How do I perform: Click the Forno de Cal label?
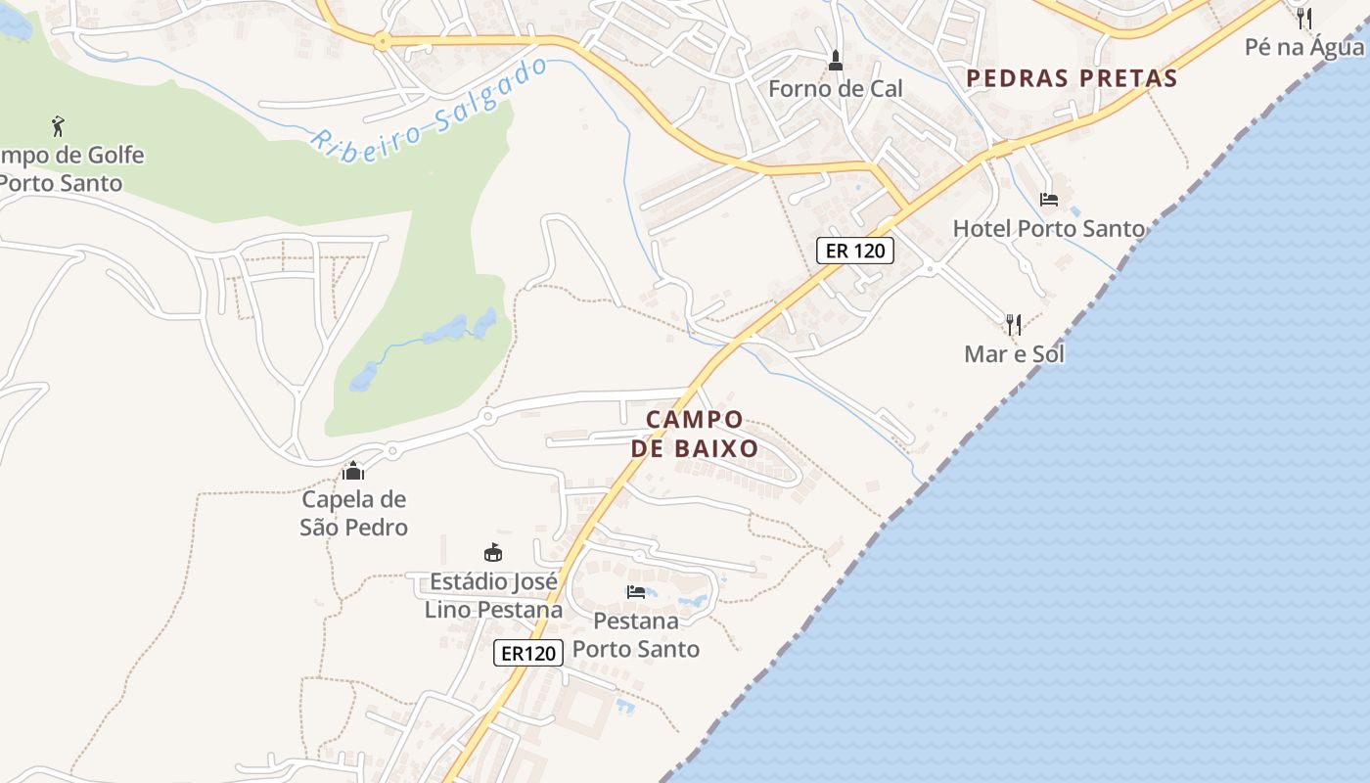(x=835, y=89)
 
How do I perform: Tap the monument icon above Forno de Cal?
(x=835, y=61)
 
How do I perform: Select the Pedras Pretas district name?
(x=1072, y=78)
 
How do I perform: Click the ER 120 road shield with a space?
(x=855, y=251)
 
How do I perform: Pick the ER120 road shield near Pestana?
(x=529, y=653)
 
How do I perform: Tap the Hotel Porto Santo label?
(x=1049, y=229)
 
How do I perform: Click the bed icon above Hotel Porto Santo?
(x=1049, y=200)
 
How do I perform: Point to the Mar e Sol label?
(x=1014, y=354)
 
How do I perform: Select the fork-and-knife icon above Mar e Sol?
(x=1014, y=324)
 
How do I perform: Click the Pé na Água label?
(x=1303, y=47)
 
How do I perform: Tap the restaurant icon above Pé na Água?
(x=1303, y=18)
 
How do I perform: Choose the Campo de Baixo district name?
(x=695, y=434)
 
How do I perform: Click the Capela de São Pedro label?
(x=353, y=513)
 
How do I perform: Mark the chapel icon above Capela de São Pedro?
(x=353, y=472)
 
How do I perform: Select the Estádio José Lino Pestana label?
(x=494, y=596)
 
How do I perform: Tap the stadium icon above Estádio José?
(x=494, y=553)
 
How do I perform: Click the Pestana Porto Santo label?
(x=636, y=634)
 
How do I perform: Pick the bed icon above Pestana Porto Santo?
(x=636, y=591)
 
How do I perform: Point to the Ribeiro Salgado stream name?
(x=431, y=108)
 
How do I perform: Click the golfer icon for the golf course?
(x=58, y=125)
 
